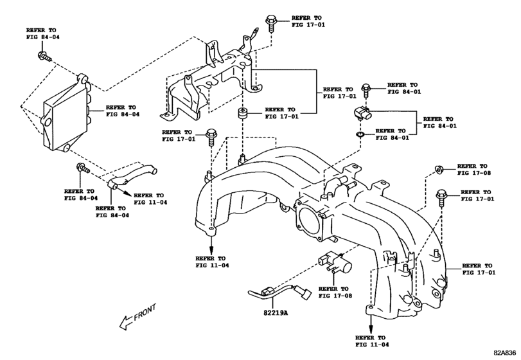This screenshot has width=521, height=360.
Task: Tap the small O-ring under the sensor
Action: pos(359,136)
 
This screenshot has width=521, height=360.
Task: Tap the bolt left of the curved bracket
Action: pos(82,168)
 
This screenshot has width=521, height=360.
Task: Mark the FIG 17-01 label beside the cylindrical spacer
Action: pos(281,114)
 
